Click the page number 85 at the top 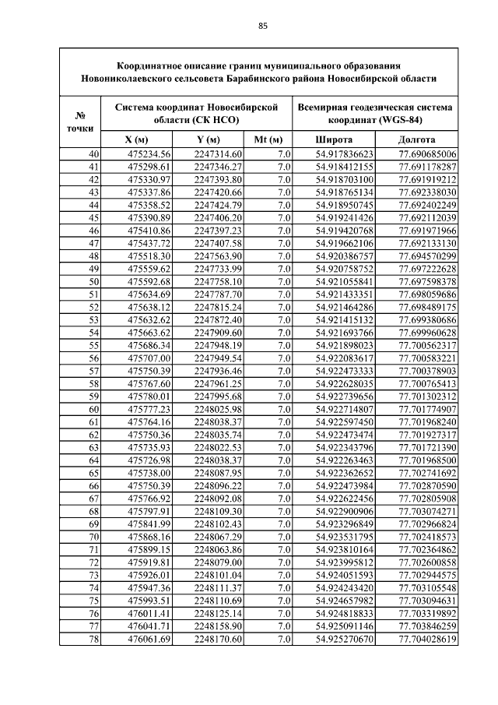point(263,26)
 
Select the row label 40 point(94,153)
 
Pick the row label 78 point(94,640)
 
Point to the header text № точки point(80,121)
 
